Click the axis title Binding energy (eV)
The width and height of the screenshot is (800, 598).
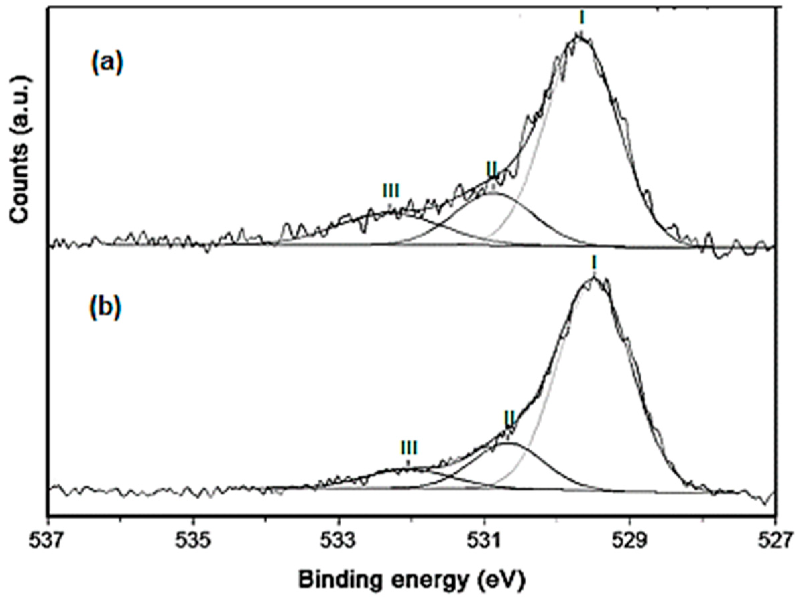point(411,581)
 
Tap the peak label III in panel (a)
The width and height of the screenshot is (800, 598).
point(391,191)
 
